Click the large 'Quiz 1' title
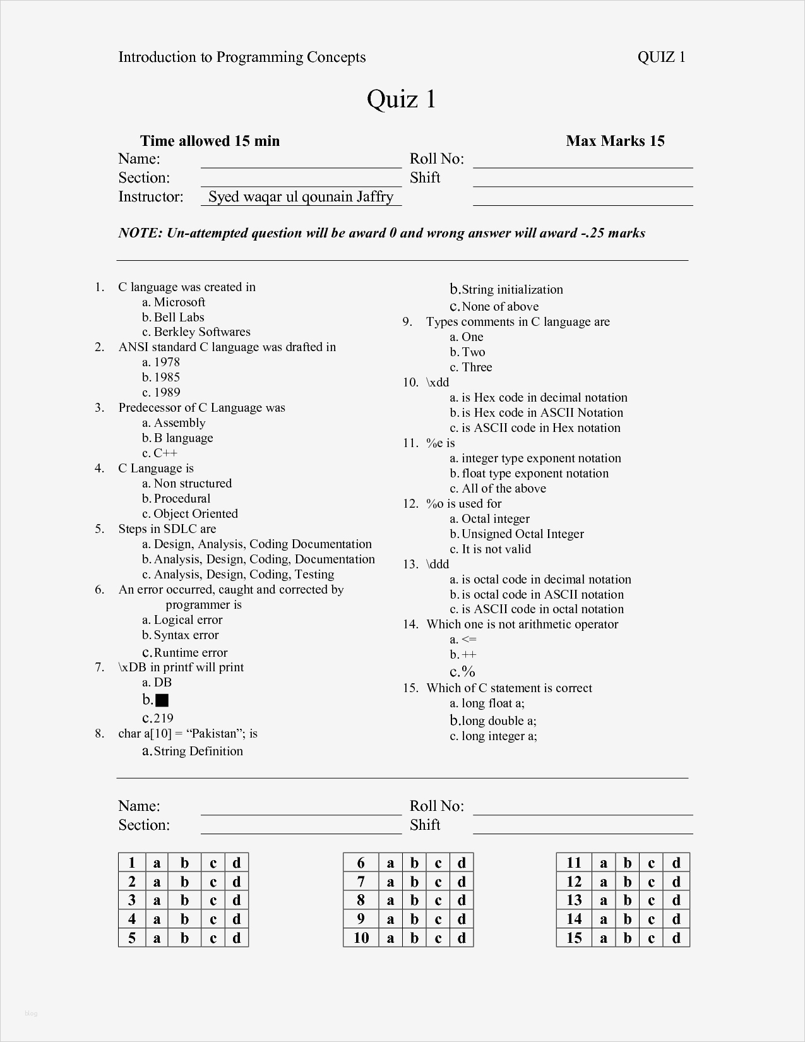click(x=402, y=99)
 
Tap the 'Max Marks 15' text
click(x=615, y=141)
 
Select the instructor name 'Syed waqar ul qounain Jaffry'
click(x=301, y=196)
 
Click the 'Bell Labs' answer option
click(x=179, y=317)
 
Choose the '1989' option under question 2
click(x=167, y=392)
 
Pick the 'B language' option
click(x=183, y=438)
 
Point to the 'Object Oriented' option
click(x=196, y=513)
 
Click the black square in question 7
click(x=162, y=700)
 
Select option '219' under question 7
click(x=164, y=718)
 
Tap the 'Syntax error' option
click(x=186, y=635)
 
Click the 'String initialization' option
click(x=512, y=290)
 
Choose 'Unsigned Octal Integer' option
click(x=523, y=534)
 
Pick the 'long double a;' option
click(x=499, y=721)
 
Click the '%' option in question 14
click(x=468, y=672)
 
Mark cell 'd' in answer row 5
click(x=236, y=938)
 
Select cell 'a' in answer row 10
click(x=390, y=938)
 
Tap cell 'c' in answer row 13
click(x=652, y=900)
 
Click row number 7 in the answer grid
click(x=361, y=882)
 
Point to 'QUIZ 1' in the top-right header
click(x=661, y=57)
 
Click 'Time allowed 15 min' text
click(x=210, y=141)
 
